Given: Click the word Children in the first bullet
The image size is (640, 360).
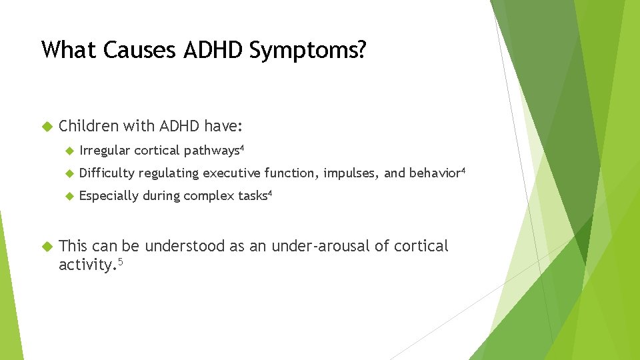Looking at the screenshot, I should [x=89, y=126].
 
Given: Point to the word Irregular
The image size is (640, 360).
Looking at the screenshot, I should [x=105, y=151].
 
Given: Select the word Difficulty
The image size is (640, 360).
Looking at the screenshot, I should [x=106, y=173].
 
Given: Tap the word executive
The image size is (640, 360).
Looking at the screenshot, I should [x=231, y=173].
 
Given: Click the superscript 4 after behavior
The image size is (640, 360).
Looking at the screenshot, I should [x=463, y=171].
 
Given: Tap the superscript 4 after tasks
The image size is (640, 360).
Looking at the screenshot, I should [x=269, y=193].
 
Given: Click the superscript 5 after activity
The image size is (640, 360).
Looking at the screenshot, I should [x=121, y=262].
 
